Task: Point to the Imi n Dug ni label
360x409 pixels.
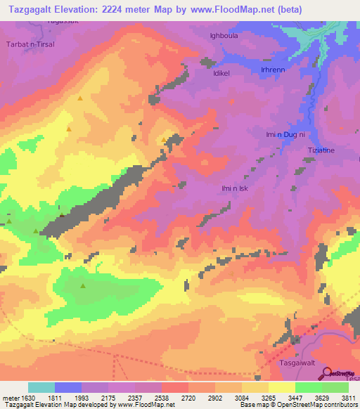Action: pyautogui.click(x=285, y=134)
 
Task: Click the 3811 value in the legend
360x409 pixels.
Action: pyautogui.click(x=347, y=397)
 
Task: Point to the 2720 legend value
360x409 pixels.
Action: pyautogui.click(x=187, y=397)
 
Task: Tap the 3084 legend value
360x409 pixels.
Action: pyautogui.click(x=240, y=397)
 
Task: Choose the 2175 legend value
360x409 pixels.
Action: pyautogui.click(x=107, y=397)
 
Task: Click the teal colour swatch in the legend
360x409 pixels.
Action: pyautogui.click(x=41, y=387)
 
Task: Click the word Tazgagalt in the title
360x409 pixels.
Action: pyautogui.click(x=30, y=9)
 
